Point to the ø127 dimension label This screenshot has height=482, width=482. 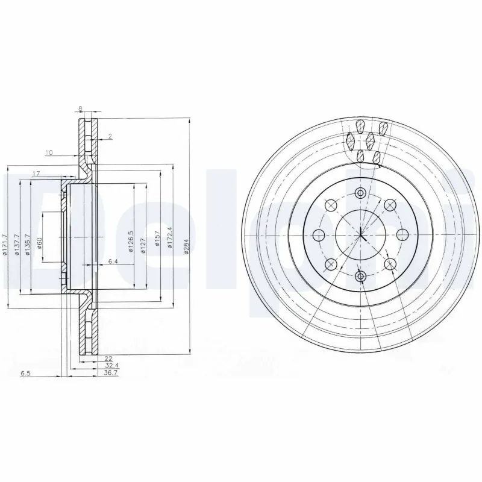click(x=143, y=246)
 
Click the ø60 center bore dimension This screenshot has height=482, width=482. click(x=39, y=246)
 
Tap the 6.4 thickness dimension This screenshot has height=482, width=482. click(x=113, y=261)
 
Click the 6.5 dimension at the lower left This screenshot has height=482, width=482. click(x=25, y=374)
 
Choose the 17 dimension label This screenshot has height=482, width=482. click(x=36, y=174)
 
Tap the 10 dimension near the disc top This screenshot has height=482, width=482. click(x=49, y=152)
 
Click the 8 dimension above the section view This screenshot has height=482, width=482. click(x=80, y=109)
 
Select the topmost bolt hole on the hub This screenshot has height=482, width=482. click(x=360, y=193)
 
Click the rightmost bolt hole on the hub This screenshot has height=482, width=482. click(x=402, y=234)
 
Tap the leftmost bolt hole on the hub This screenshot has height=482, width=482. click(x=319, y=234)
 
